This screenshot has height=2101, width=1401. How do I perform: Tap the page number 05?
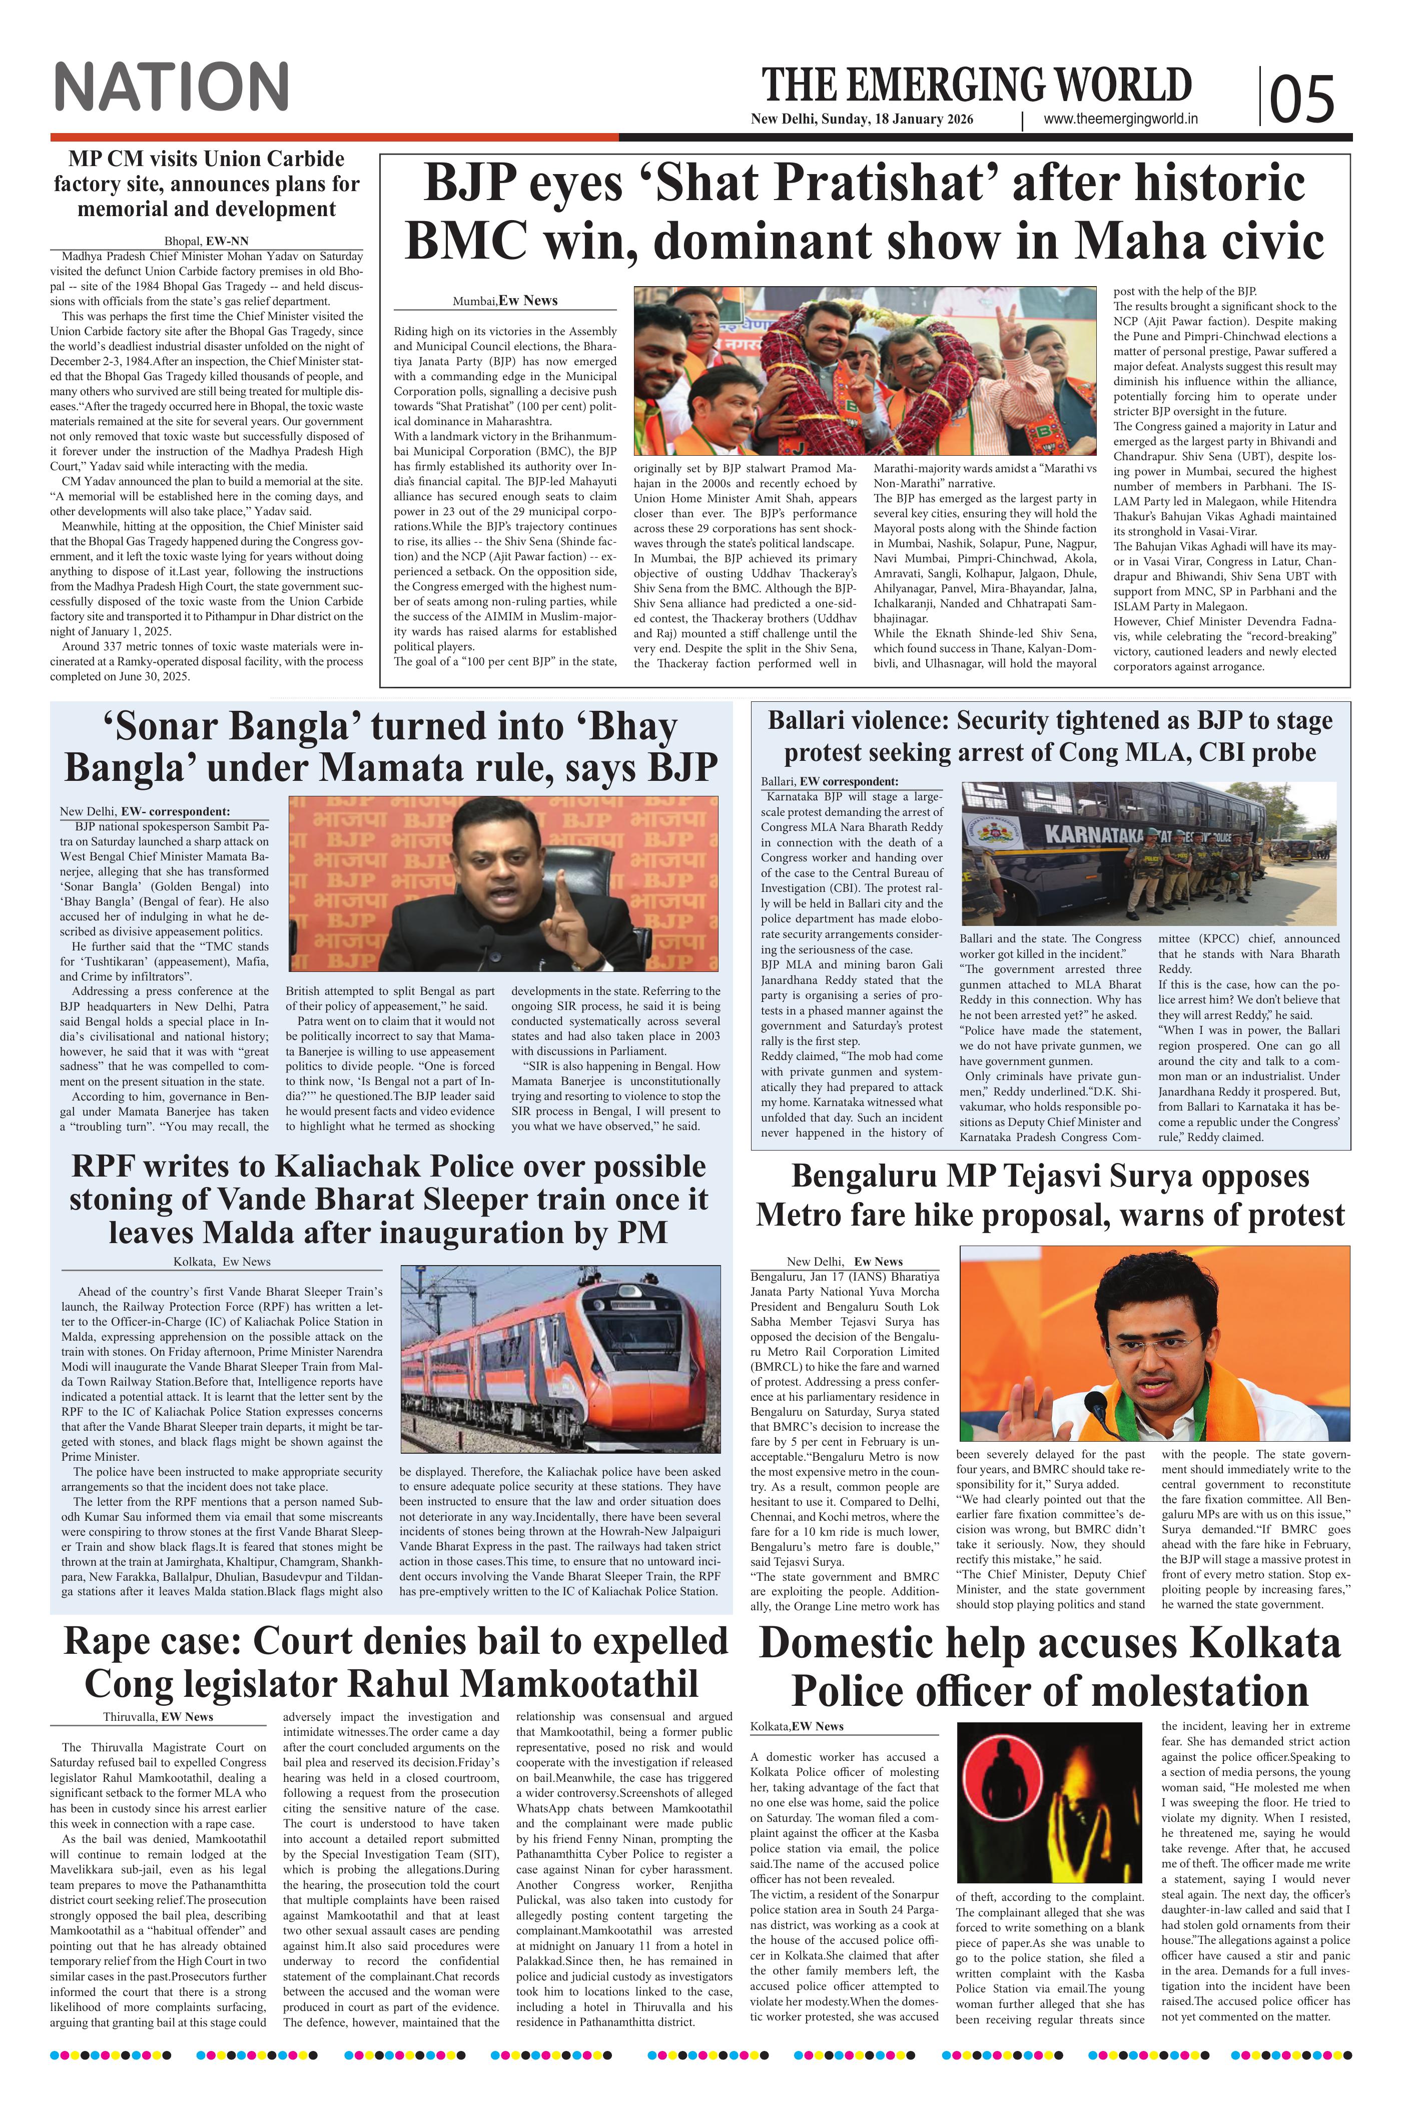pyautogui.click(x=1301, y=98)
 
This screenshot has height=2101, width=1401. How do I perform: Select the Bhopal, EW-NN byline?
pyautogui.click(x=206, y=241)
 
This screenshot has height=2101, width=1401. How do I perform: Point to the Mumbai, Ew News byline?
pyautogui.click(x=505, y=300)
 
